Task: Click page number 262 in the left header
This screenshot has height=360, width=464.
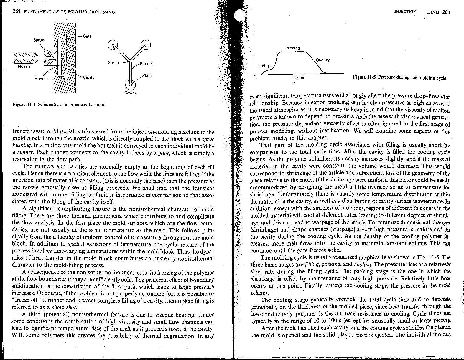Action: [x=16, y=12]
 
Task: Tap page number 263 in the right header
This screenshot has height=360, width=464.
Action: [x=446, y=12]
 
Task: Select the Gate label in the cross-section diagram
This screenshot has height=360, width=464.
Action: [x=87, y=36]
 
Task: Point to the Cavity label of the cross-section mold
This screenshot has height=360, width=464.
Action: [x=88, y=77]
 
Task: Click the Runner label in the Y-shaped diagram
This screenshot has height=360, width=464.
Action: [x=146, y=64]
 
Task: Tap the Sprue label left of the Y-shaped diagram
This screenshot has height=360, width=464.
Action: [x=113, y=62]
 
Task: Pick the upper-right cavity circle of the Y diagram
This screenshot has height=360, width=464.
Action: [x=146, y=45]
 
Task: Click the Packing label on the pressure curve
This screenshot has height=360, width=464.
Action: [x=292, y=48]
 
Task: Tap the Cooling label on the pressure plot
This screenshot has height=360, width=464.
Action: [x=323, y=60]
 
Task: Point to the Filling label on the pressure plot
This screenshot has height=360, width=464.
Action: [x=264, y=66]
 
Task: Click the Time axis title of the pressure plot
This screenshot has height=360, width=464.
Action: [x=299, y=77]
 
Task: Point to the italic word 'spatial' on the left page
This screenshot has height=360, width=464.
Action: [x=76, y=244]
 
